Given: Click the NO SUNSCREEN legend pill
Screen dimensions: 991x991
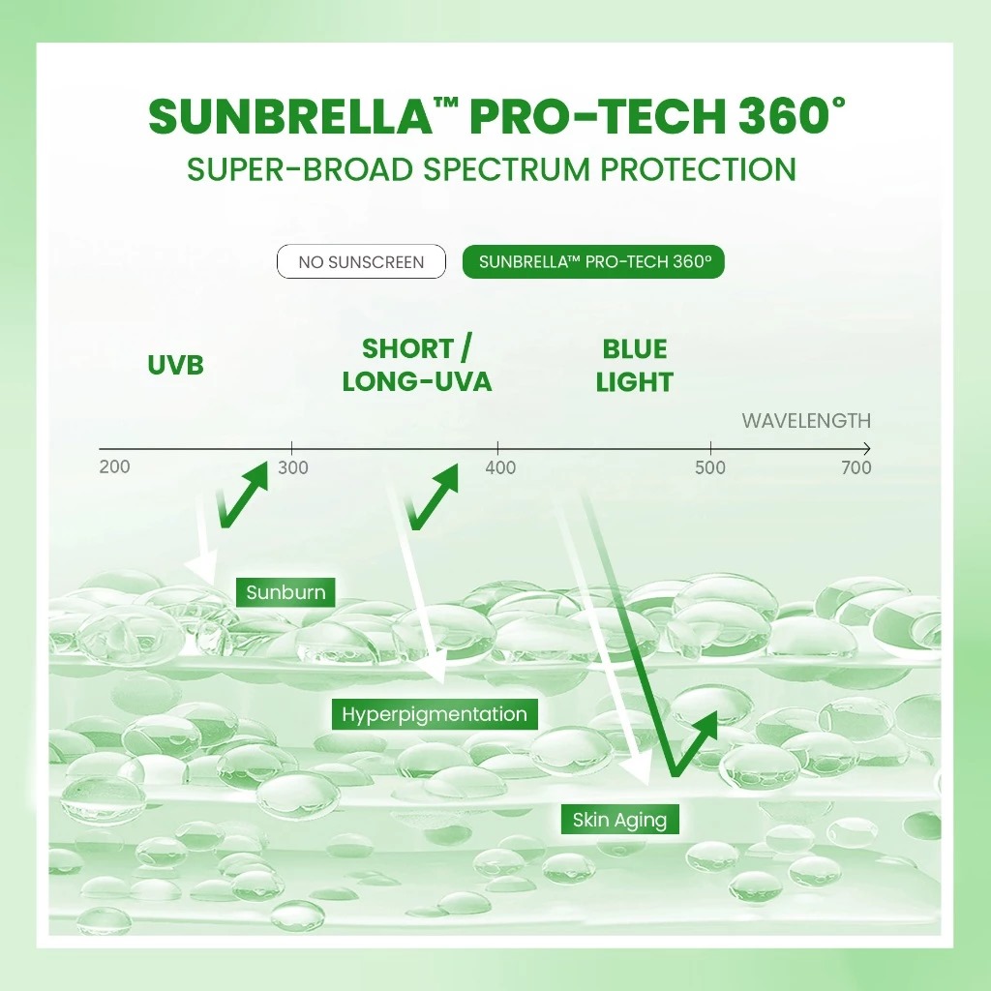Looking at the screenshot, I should click(x=361, y=262).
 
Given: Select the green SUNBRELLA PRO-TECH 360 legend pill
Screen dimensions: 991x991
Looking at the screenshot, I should click(x=593, y=262).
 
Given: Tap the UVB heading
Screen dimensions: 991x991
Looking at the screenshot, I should click(x=176, y=366).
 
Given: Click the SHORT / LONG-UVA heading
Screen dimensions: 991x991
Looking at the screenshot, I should click(x=416, y=365).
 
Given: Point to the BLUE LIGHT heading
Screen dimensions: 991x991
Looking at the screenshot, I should click(x=634, y=365).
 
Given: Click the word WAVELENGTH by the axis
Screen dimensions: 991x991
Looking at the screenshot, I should click(x=805, y=421).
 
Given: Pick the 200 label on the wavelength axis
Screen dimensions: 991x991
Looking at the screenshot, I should click(x=114, y=467).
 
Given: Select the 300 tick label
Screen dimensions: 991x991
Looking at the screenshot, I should click(x=292, y=468).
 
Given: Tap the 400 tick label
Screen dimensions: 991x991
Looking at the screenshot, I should click(x=500, y=468).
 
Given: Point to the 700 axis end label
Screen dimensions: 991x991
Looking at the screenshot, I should click(x=856, y=468).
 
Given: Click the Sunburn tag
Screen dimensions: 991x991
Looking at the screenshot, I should click(x=285, y=592).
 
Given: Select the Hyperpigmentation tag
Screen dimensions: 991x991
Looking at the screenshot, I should click(x=435, y=715).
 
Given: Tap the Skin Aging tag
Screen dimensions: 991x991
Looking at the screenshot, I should click(x=619, y=821).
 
